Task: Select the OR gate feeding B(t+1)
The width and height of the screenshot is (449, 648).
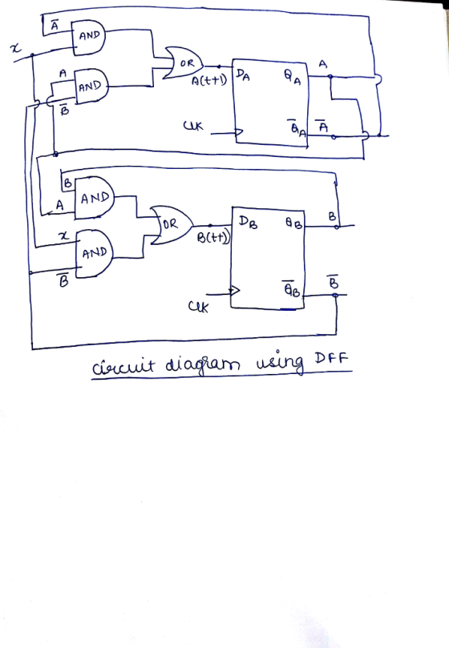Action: tap(172, 225)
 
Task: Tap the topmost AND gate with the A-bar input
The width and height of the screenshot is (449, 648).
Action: tap(88, 38)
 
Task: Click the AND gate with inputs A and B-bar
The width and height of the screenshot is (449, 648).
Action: tap(91, 86)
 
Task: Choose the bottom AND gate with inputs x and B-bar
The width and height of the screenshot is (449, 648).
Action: tap(95, 254)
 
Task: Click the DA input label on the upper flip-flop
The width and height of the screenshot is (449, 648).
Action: tap(243, 74)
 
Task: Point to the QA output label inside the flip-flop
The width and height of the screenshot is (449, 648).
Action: tap(292, 77)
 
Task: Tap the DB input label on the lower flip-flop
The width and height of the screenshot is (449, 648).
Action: tap(248, 222)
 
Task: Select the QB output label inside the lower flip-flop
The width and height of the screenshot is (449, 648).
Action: tap(294, 223)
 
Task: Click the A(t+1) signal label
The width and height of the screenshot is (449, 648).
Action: tap(209, 80)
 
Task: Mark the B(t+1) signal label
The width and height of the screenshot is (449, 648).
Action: tap(213, 238)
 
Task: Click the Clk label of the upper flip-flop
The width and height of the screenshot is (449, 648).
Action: tap(193, 125)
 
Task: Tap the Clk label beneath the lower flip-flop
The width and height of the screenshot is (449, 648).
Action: tap(198, 307)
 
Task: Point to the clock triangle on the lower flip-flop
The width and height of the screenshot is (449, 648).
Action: tap(235, 291)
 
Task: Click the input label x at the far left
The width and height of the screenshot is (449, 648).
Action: tap(15, 48)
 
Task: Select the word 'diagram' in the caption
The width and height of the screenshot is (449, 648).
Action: tap(202, 365)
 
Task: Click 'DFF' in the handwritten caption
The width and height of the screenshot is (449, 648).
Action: tap(331, 357)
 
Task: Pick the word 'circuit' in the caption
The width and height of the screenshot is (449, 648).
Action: tap(123, 366)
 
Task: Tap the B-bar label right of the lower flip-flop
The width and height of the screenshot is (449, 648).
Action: tap(333, 281)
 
